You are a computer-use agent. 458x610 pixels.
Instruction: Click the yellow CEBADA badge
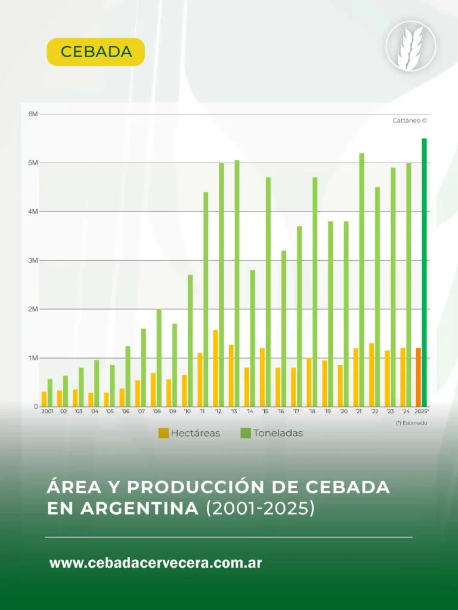click(x=95, y=52)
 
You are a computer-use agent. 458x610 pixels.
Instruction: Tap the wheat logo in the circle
click(x=411, y=46)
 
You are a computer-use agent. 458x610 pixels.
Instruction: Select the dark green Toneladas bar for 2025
click(x=425, y=272)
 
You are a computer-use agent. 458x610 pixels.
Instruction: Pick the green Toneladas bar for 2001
click(x=50, y=393)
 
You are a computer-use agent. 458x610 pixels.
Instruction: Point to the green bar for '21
click(x=362, y=280)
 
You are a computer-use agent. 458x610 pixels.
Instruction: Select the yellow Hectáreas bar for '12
click(x=215, y=368)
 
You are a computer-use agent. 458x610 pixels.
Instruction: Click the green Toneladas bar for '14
click(x=253, y=338)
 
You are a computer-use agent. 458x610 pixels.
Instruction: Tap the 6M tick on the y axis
click(x=33, y=114)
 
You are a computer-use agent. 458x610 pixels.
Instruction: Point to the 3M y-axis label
click(x=33, y=260)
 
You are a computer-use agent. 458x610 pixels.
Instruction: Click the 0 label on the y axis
click(x=35, y=407)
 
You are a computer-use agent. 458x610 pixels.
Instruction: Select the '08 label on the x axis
click(x=156, y=412)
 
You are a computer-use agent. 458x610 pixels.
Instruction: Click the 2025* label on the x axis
click(x=422, y=412)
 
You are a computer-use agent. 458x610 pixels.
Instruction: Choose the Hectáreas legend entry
click(x=189, y=433)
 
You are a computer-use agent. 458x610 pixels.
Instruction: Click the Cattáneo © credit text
click(x=410, y=120)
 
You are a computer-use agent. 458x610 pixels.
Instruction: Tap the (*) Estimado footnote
click(x=411, y=423)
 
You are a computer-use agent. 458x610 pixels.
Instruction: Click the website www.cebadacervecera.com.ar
click(x=156, y=563)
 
